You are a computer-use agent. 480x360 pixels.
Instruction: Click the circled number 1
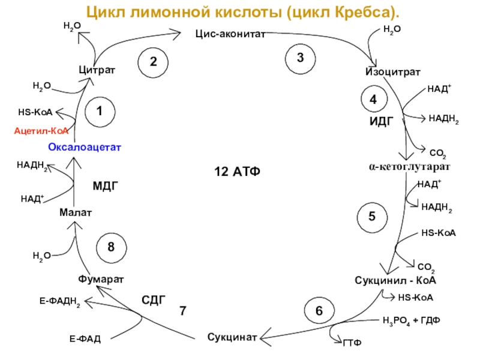(x=100, y=111)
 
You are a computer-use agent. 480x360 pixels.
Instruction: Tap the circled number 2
(x=154, y=62)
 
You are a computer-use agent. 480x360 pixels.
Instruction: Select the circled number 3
(x=300, y=58)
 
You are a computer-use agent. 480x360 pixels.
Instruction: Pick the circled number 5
(x=372, y=216)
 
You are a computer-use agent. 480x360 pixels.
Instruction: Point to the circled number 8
(x=111, y=247)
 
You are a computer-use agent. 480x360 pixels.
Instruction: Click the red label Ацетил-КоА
(x=41, y=130)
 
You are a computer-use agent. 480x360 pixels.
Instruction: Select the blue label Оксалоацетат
(x=85, y=147)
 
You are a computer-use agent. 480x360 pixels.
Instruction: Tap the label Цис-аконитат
(x=230, y=35)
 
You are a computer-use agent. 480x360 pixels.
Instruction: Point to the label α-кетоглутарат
(x=409, y=165)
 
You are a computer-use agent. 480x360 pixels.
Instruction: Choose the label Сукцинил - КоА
(x=395, y=280)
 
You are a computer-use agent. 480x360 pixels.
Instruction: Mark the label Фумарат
(x=101, y=280)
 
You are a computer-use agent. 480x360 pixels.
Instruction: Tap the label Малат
(x=75, y=212)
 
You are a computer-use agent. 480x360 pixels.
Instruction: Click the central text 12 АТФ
(x=238, y=173)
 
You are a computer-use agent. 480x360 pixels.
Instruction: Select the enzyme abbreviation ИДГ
(x=380, y=121)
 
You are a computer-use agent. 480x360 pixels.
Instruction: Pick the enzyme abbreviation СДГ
(x=153, y=299)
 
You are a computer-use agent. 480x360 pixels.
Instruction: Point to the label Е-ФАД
(x=85, y=340)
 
